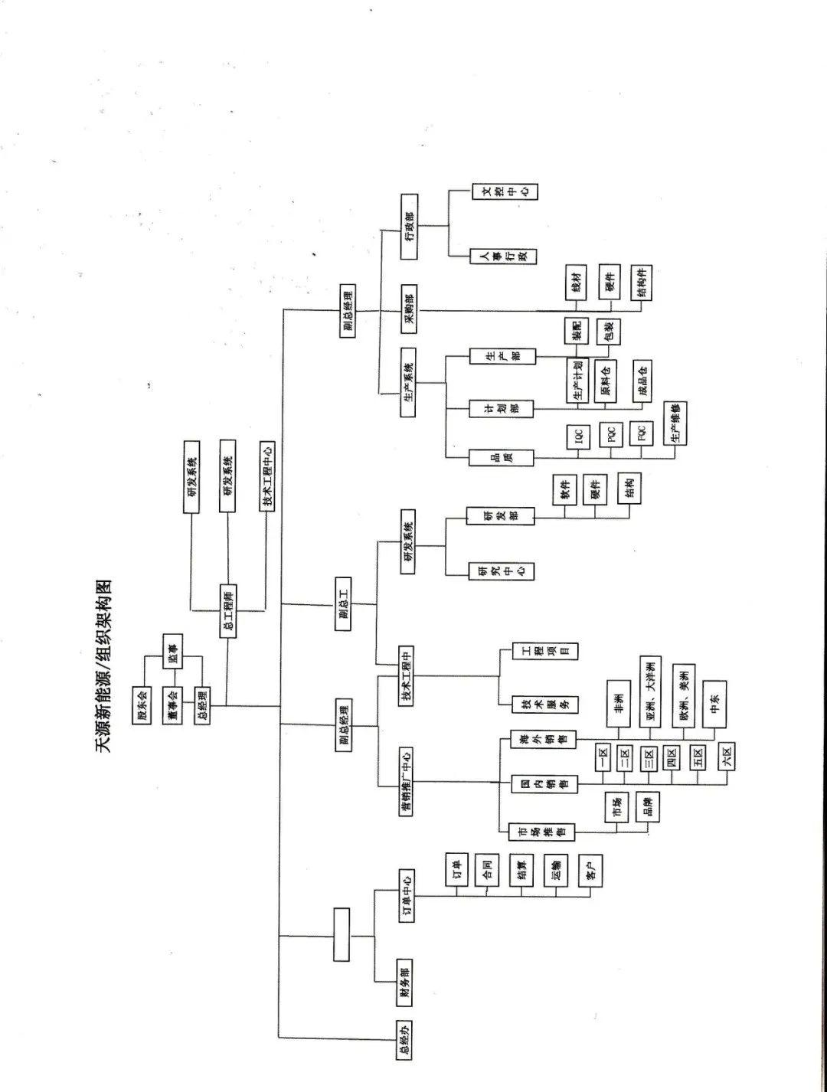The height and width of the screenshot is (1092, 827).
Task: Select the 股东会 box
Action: pyautogui.click(x=141, y=704)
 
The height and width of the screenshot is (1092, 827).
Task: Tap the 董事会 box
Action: pyautogui.click(x=173, y=705)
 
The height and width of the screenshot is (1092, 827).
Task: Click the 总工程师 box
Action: pyautogui.click(x=227, y=610)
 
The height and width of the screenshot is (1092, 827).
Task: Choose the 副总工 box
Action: pyautogui.click(x=344, y=605)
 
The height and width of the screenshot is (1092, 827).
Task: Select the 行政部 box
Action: pyautogui.click(x=410, y=226)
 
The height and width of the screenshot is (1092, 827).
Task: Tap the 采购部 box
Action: pyautogui.click(x=410, y=304)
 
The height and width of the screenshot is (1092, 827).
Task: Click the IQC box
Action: pyautogui.click(x=579, y=437)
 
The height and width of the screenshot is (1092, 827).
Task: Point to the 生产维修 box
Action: pyautogui.click(x=675, y=424)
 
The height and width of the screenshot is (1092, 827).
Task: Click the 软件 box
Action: pyautogui.click(x=565, y=490)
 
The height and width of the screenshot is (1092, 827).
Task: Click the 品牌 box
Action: pyautogui.click(x=647, y=807)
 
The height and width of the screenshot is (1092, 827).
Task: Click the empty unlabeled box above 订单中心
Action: pyautogui.click(x=342, y=934)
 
